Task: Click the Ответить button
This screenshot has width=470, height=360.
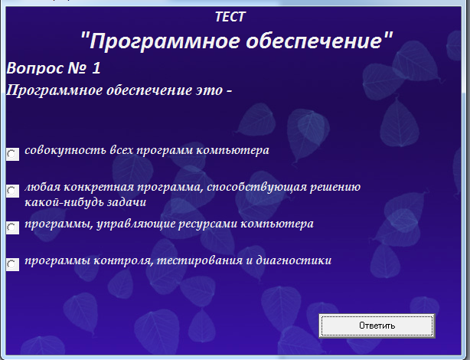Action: (377, 326)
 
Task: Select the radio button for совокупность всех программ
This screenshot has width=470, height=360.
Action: (12, 154)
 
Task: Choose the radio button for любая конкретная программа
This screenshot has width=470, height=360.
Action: (12, 191)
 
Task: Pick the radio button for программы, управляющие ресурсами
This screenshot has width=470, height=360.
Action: (12, 227)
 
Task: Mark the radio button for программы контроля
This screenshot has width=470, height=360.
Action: (12, 264)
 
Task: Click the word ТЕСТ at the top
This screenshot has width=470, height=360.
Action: (230, 17)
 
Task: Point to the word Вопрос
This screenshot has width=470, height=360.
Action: (34, 68)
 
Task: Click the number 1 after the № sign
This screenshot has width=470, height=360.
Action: (96, 68)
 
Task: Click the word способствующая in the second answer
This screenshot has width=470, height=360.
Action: (257, 187)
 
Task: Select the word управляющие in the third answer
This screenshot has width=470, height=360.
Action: (135, 224)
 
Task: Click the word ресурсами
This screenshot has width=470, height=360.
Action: (207, 224)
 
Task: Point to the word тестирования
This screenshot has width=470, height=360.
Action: (200, 260)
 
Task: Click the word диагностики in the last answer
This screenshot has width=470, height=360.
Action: (294, 260)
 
